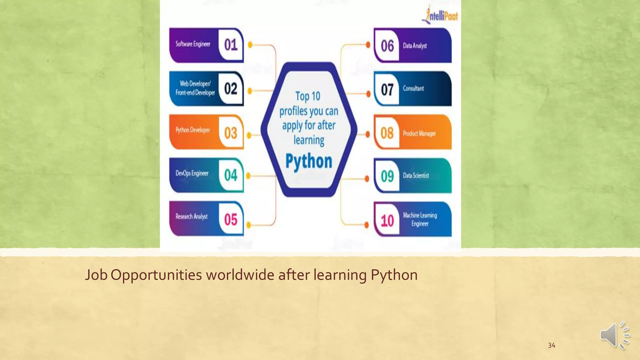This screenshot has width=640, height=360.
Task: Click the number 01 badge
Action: [x=231, y=45]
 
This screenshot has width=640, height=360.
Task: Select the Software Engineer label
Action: [x=193, y=44]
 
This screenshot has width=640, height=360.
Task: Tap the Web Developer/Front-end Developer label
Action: [x=195, y=88]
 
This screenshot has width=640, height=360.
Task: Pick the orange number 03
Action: [x=231, y=133]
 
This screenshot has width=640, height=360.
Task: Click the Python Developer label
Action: [x=192, y=130]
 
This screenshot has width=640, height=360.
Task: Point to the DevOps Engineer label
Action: [x=192, y=173]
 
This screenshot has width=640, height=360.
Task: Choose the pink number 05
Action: [x=231, y=220]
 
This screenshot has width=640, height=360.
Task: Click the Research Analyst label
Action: [x=192, y=217]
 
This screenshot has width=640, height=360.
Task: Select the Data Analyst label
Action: [x=415, y=46]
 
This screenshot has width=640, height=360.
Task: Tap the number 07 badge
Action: [x=387, y=90]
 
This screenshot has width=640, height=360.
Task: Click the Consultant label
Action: [x=413, y=88]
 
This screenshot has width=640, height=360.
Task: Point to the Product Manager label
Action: [x=419, y=134]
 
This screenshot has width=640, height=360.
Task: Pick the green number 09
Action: [x=387, y=176]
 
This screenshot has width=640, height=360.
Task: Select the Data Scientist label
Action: [x=416, y=176]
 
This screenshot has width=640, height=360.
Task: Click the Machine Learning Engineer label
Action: [x=420, y=219]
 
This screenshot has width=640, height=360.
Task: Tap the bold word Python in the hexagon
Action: [x=309, y=162]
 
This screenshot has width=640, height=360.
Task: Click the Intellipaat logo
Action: [x=440, y=15]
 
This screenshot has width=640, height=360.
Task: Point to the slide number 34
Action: [x=552, y=345]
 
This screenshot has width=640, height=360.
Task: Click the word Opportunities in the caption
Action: [x=156, y=275]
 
